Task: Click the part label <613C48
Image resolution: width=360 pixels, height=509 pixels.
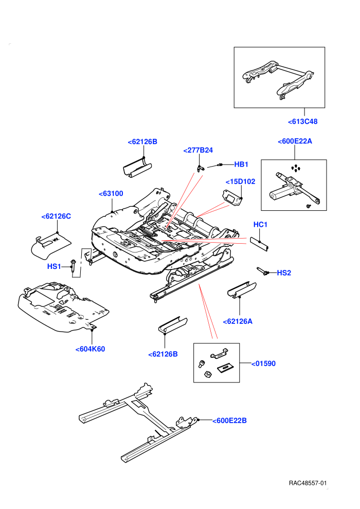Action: [x=302, y=121]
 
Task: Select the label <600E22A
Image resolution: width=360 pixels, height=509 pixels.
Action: [x=295, y=141]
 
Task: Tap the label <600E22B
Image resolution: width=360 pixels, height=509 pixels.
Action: [x=229, y=421]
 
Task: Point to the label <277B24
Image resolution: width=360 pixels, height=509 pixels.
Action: [x=198, y=150]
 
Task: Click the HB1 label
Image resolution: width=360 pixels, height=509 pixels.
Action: [x=241, y=164]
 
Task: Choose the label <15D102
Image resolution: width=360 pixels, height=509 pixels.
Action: [x=240, y=181]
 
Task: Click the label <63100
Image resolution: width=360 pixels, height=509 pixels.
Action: [x=111, y=193]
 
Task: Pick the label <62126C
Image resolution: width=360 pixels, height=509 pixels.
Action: [x=56, y=216]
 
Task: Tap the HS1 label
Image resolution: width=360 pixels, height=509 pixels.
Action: [x=54, y=266]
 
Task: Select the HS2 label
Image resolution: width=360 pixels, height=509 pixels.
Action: [x=284, y=273]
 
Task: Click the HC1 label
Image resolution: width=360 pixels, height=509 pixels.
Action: [x=260, y=224]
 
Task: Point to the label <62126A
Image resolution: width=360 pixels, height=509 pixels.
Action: [x=238, y=321]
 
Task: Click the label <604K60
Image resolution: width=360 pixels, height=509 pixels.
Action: [x=90, y=349]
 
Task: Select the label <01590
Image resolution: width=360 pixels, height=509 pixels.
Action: [x=264, y=363]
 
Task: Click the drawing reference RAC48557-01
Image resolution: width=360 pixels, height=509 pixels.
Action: [x=308, y=483]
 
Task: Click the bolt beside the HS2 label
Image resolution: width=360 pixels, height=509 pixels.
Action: [x=263, y=271]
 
